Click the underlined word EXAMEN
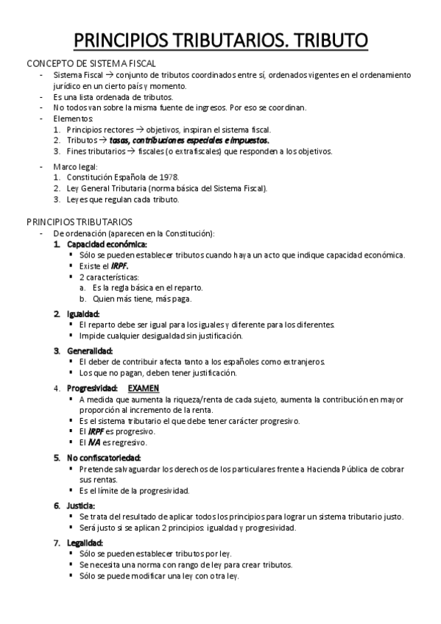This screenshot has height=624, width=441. [144, 388]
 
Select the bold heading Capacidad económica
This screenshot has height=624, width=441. [106, 244]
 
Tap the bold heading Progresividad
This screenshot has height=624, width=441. [92, 388]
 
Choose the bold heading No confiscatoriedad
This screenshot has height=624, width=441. [104, 457]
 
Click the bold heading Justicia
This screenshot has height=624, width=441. [84, 506]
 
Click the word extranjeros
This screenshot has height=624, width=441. [300, 361]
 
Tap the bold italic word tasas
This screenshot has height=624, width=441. [121, 140]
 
